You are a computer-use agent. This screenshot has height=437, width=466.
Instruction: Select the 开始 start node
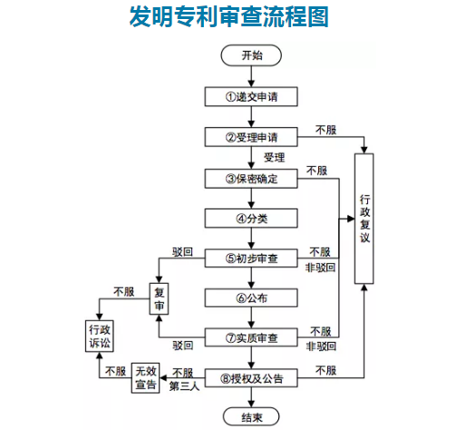pos(251,55)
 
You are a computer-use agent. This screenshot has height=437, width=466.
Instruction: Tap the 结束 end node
pos(251,417)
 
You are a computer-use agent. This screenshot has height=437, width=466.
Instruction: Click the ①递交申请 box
pos(251,96)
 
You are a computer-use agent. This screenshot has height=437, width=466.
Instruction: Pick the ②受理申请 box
pos(251,137)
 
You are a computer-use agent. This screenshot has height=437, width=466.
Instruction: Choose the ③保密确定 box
pos(251,178)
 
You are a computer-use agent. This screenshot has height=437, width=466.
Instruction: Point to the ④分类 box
pos(251,218)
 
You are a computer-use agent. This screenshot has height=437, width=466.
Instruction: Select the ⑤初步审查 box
pos(251,258)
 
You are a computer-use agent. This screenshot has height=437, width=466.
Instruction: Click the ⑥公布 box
pos(251,297)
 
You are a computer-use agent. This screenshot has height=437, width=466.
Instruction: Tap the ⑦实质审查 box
pos(251,337)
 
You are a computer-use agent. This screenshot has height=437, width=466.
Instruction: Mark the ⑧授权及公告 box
pos(251,377)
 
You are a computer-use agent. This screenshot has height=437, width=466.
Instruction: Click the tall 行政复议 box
pos(364,218)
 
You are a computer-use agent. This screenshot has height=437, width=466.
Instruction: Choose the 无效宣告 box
pos(145,377)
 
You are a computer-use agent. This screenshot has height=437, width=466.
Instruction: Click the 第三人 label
pos(183,386)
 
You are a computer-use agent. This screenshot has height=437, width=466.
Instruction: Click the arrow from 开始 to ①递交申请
pos(251,75)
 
